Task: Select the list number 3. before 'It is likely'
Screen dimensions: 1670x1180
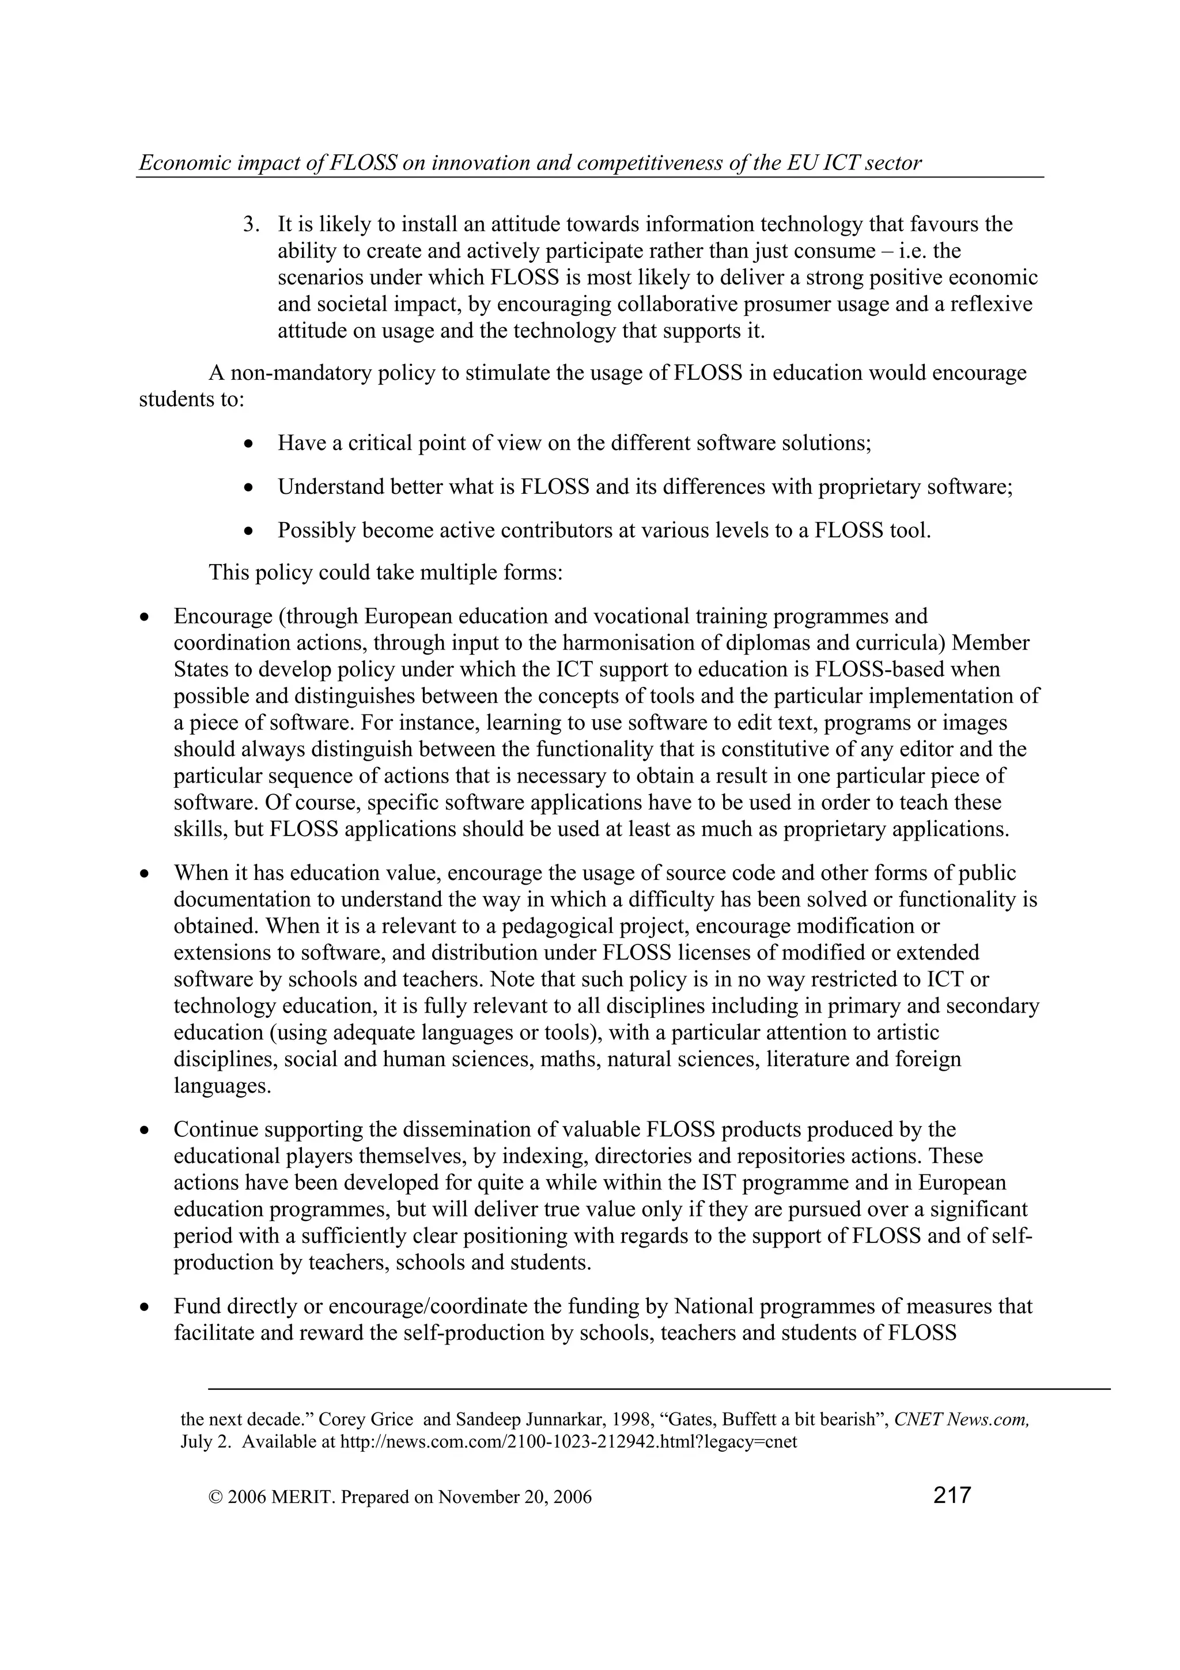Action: [251, 224]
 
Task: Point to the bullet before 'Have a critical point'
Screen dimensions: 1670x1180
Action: [249, 444]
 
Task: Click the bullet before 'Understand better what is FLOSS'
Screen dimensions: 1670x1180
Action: [249, 488]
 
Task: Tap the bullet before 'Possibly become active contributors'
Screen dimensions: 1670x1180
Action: [249, 531]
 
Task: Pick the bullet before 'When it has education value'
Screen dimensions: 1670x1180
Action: [145, 874]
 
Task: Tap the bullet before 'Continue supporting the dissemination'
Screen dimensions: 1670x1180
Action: [145, 1130]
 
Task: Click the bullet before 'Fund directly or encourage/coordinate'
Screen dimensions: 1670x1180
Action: [145, 1307]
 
